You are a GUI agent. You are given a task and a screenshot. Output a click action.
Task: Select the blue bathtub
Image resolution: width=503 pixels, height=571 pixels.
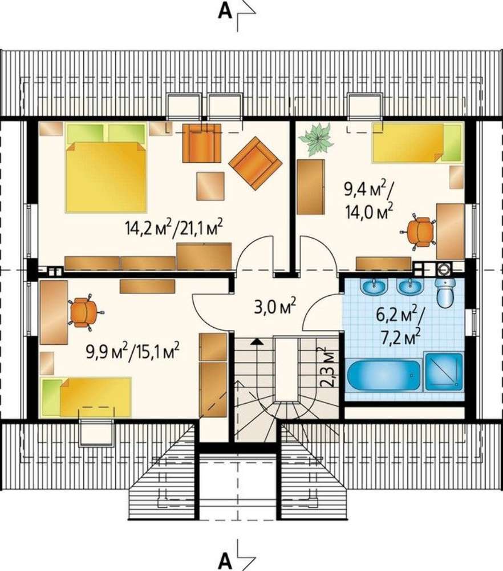tap(384, 375)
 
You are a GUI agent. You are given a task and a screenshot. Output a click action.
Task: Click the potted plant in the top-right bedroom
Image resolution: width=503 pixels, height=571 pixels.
tap(316, 139)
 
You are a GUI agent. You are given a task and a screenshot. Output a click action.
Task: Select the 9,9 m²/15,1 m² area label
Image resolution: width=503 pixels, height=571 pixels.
tap(132, 352)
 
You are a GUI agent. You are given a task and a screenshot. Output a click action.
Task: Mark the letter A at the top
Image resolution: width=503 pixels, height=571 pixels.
tap(225, 11)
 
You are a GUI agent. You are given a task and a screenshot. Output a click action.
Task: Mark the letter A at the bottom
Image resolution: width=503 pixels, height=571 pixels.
tap(225, 562)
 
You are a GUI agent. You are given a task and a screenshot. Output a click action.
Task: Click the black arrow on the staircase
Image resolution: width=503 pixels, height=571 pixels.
tap(257, 341)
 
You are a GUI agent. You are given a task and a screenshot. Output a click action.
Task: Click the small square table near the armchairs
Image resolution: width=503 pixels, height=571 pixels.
tap(210, 186)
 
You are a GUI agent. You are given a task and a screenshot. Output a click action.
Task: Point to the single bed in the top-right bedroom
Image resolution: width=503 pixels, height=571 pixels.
tap(417, 142)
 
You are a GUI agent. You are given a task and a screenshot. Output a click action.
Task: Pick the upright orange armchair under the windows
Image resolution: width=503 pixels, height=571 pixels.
tap(201, 143)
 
